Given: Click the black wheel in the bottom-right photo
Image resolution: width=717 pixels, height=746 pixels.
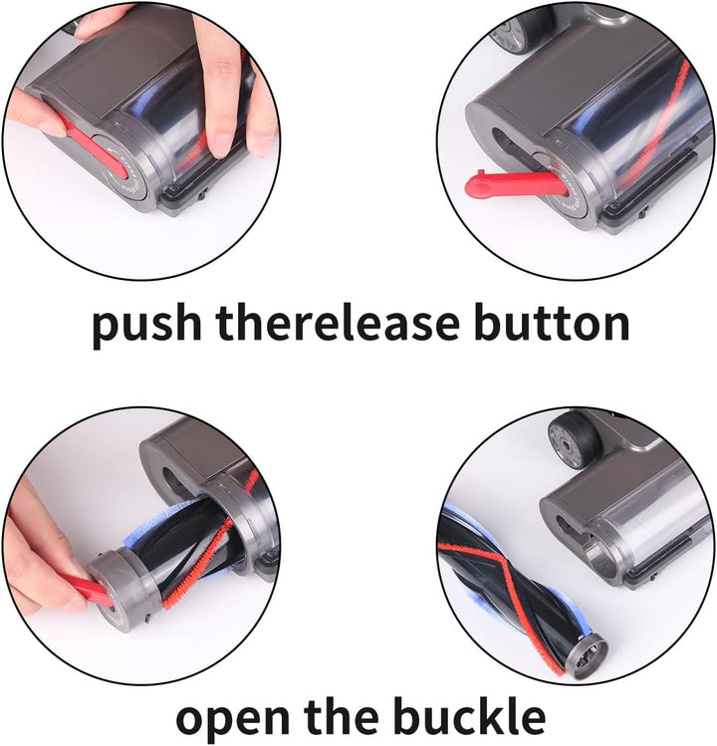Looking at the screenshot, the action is (x=575, y=439).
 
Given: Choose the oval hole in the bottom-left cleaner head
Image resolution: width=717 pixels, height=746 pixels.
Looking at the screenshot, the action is (x=172, y=479).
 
